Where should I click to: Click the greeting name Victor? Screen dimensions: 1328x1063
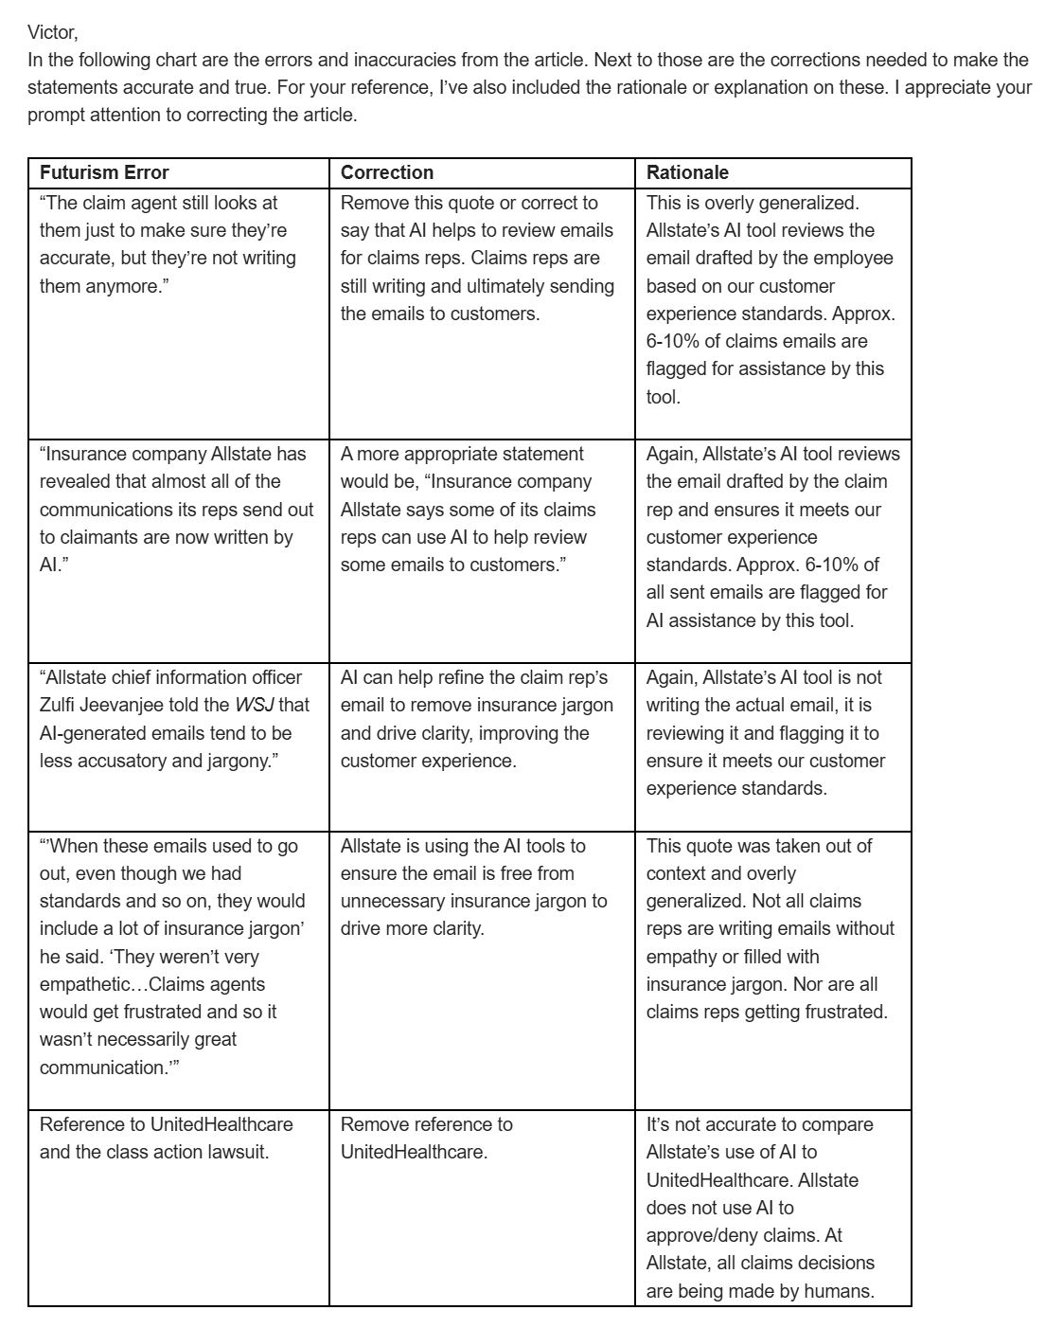click(51, 32)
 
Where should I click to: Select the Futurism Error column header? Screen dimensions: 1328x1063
click(104, 172)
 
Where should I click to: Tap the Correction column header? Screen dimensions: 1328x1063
click(386, 172)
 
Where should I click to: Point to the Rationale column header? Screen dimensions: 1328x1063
click(687, 172)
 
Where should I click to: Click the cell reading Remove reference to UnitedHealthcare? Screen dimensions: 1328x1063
click(426, 1138)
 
